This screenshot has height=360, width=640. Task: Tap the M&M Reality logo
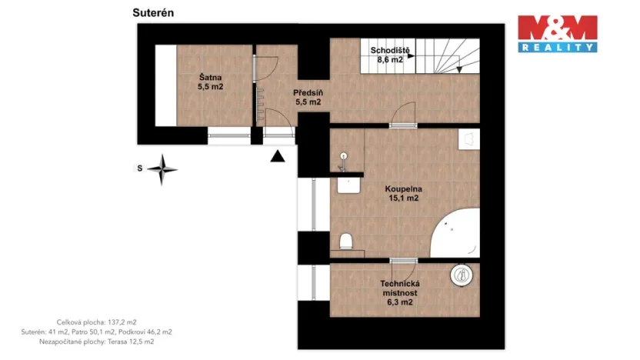pos(557,33)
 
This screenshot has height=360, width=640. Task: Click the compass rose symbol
pos(162,168)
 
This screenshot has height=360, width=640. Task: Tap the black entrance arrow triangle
pos(277,157)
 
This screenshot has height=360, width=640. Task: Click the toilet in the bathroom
pos(347,242)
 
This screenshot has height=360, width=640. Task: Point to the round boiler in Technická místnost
pos(460,275)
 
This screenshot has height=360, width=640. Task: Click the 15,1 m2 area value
pos(403,198)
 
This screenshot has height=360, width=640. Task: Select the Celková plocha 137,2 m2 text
pos(97,322)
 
